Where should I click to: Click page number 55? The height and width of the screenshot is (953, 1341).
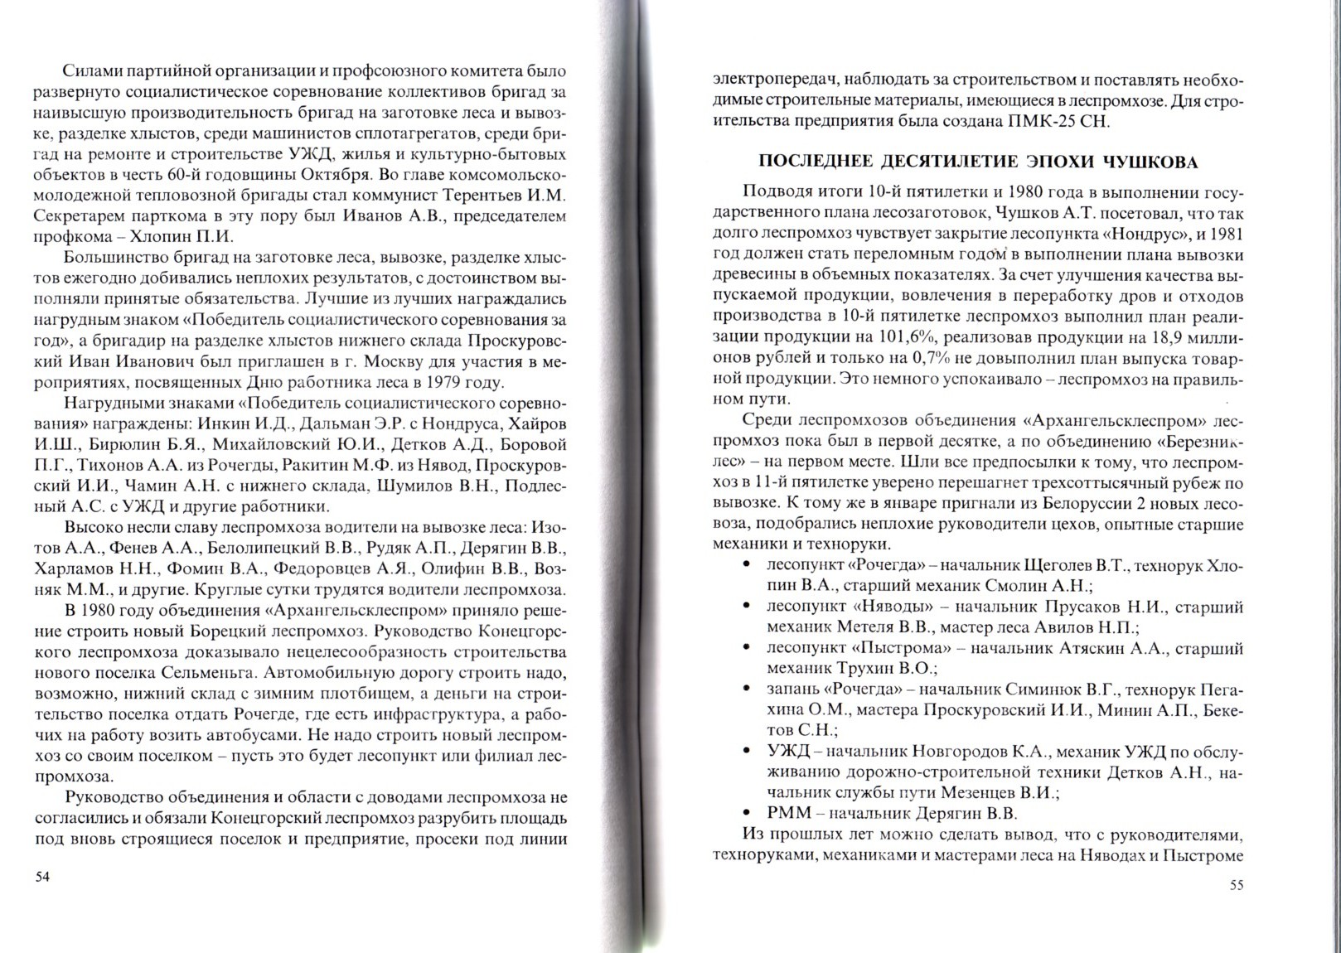[x=1236, y=885]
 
